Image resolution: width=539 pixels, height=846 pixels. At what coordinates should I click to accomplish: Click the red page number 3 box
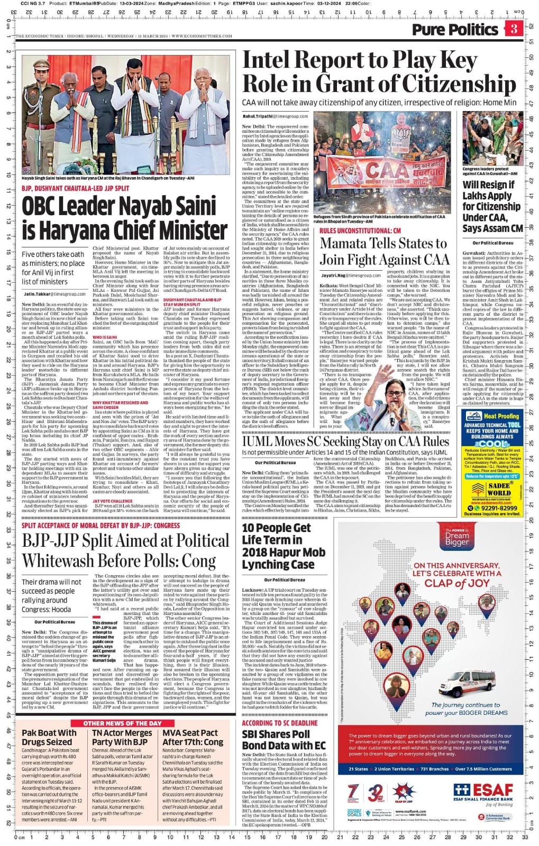tap(514, 29)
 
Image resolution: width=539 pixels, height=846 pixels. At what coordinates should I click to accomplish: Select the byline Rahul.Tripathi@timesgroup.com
tap(275, 116)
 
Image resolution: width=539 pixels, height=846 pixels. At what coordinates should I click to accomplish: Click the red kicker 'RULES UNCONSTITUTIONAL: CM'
tap(360, 231)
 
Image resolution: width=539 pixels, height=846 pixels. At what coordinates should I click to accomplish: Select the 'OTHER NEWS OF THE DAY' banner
tap(122, 723)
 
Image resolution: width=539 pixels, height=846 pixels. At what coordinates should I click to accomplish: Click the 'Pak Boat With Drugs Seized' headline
tap(49, 737)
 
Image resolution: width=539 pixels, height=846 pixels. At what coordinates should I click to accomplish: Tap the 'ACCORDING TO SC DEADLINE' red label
tap(280, 723)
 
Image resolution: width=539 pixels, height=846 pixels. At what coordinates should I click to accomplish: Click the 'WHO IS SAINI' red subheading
tap(105, 337)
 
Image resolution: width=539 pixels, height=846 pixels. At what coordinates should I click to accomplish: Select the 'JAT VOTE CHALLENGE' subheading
tap(112, 501)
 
